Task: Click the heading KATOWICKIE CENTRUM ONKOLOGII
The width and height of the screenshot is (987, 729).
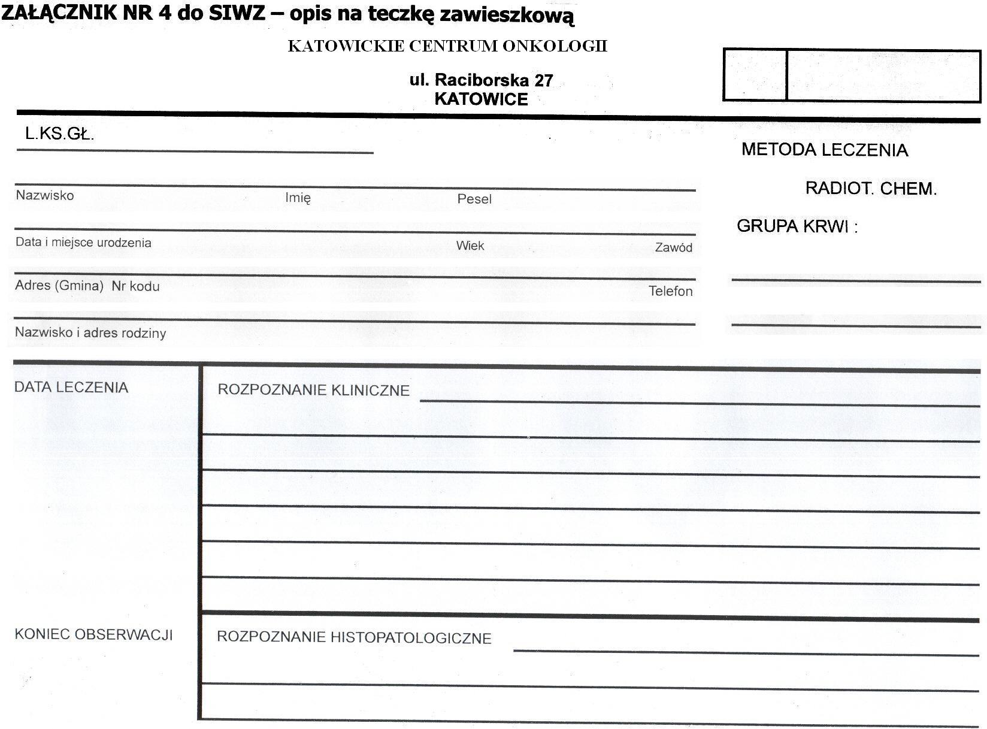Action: pos(447,46)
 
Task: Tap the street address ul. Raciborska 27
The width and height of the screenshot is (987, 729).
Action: pos(481,80)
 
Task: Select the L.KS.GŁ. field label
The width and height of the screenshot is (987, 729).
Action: pos(60,134)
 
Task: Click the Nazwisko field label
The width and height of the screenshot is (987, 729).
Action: pos(45,195)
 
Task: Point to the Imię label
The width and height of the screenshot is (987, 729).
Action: pos(298,198)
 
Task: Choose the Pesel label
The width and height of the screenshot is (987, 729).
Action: pos(474,199)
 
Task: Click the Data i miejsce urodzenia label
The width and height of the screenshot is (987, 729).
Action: pos(83,243)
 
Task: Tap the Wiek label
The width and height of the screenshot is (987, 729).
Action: pos(470,246)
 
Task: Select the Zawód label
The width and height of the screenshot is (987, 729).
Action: pos(674,247)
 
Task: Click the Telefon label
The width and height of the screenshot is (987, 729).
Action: pos(671,291)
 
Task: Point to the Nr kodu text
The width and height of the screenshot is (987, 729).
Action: pos(136,286)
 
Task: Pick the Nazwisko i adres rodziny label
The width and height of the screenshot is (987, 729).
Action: pos(90,332)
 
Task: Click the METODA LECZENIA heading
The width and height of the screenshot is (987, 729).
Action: pos(825,150)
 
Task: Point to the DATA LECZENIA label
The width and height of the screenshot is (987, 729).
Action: pos(71,388)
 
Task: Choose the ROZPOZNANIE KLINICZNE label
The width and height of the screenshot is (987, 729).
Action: pos(313,391)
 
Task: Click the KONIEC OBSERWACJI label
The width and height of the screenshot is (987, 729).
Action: pos(94,634)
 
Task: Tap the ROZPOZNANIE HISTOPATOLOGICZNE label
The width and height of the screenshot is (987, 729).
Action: pos(354,637)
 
